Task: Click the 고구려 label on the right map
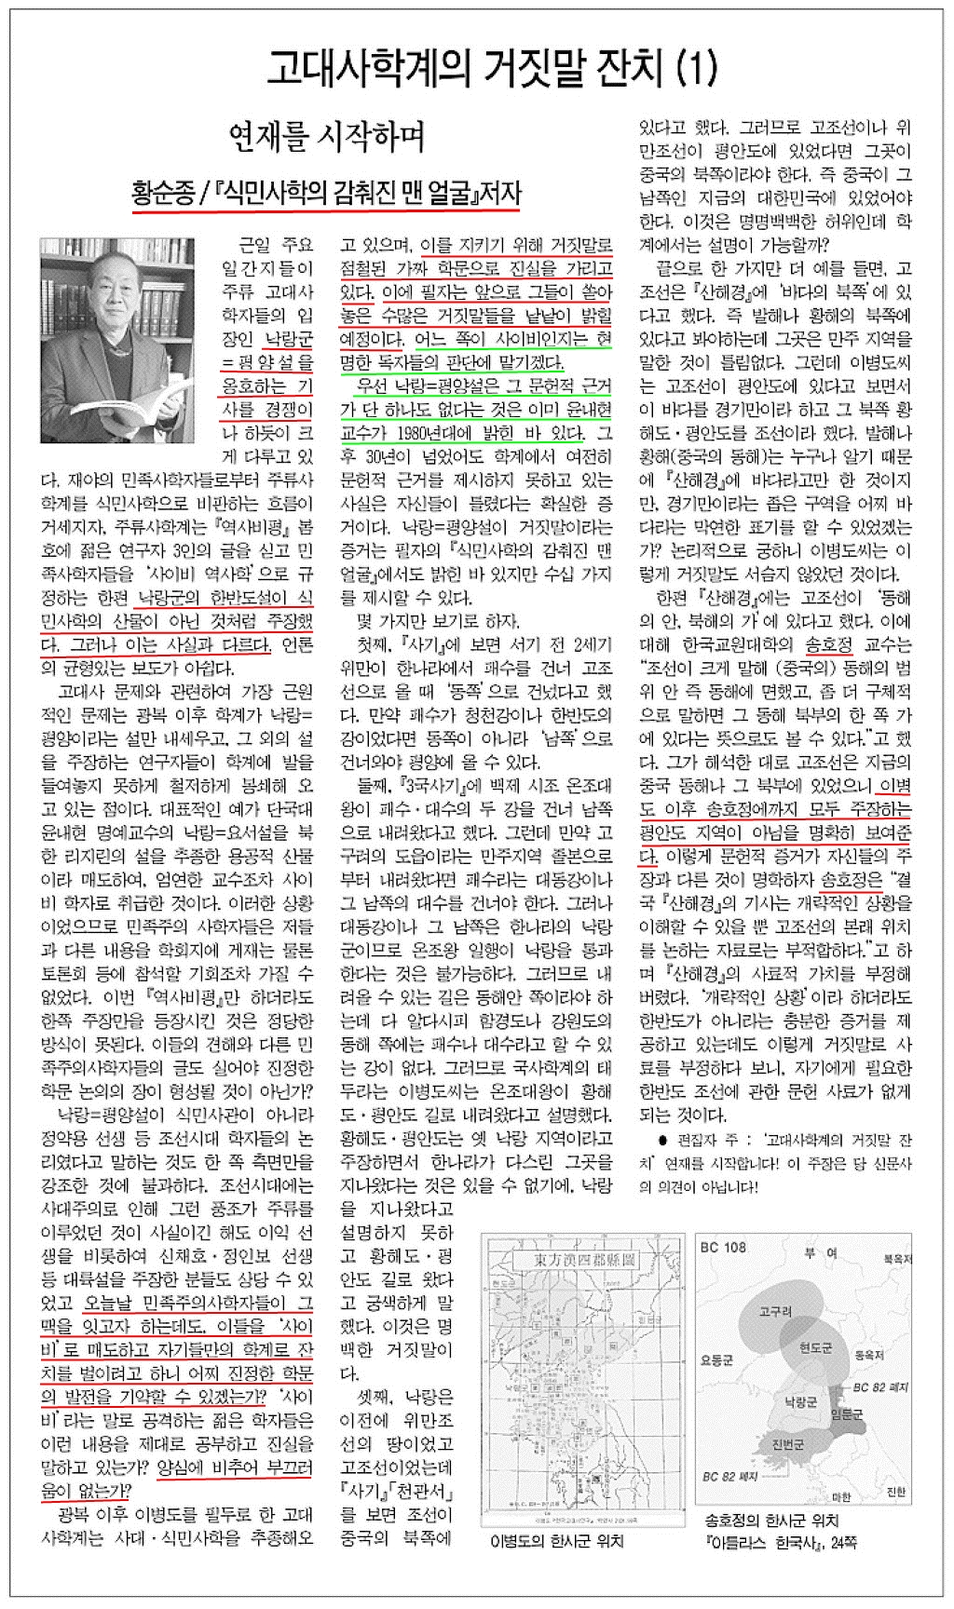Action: [775, 1311]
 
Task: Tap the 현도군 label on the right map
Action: [815, 1347]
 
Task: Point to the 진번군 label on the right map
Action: [787, 1445]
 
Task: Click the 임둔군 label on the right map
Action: [846, 1413]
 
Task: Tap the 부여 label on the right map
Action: [820, 1253]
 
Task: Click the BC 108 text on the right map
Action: [723, 1248]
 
